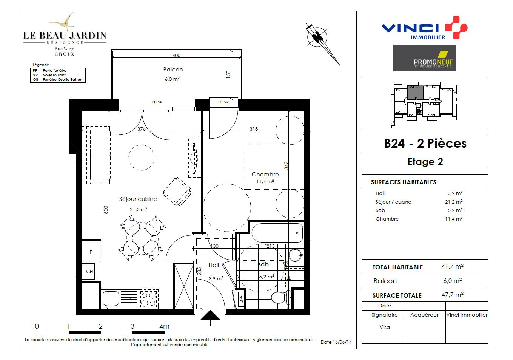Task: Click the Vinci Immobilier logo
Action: click(424, 28)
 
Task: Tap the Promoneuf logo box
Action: click(425, 58)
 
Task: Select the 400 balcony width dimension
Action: click(176, 55)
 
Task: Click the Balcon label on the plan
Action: click(173, 70)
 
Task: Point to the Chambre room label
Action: click(265, 175)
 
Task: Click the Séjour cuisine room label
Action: click(138, 199)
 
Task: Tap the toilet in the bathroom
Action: click(281, 297)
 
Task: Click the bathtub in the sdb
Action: click(277, 233)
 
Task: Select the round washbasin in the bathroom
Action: click(296, 255)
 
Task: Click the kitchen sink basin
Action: click(111, 298)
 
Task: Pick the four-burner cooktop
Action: click(149, 298)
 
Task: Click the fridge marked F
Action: click(91, 252)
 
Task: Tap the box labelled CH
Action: click(88, 271)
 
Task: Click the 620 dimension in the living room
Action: click(106, 210)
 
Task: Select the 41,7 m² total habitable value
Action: click(453, 266)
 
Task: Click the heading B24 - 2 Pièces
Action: click(425, 144)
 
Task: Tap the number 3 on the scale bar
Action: click(132, 326)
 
